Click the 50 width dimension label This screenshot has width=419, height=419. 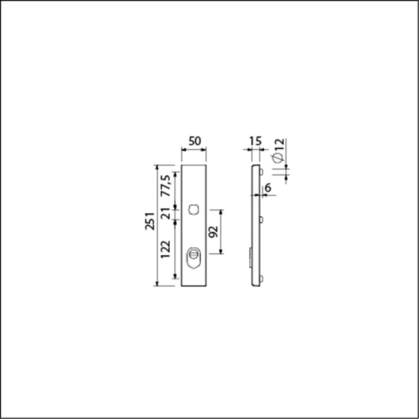point(194,141)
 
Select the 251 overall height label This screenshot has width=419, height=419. point(150,221)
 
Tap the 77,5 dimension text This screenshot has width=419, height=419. point(166,186)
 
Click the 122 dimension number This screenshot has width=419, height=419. point(166,249)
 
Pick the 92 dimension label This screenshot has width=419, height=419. point(213,232)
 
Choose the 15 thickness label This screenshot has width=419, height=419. point(255,141)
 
